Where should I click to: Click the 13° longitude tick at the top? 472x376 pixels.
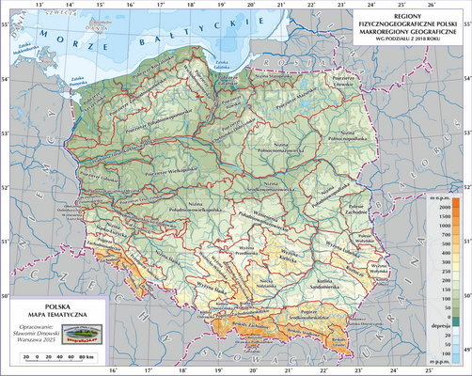coord(39,6)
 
